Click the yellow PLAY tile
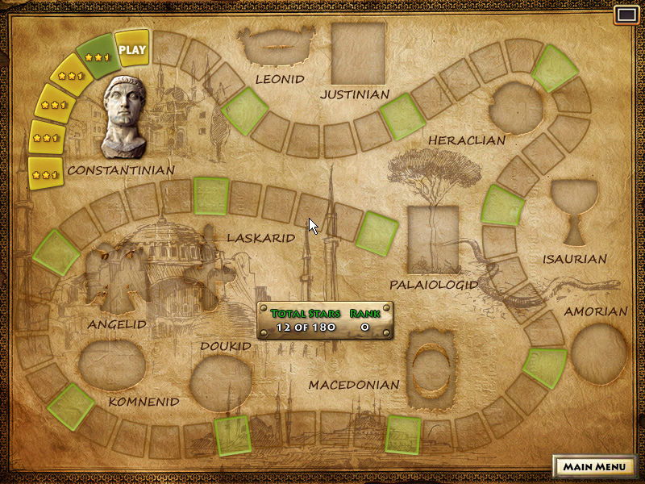click(132, 49)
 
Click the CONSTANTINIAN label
click(121, 170)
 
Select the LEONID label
click(280, 79)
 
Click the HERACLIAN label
click(467, 140)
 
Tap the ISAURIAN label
click(575, 259)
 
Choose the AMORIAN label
click(596, 311)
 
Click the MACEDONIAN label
click(354, 385)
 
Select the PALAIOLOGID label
click(433, 285)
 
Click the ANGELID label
click(117, 324)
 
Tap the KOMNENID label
click(144, 401)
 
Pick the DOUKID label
click(226, 346)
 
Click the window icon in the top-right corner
click(626, 15)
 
